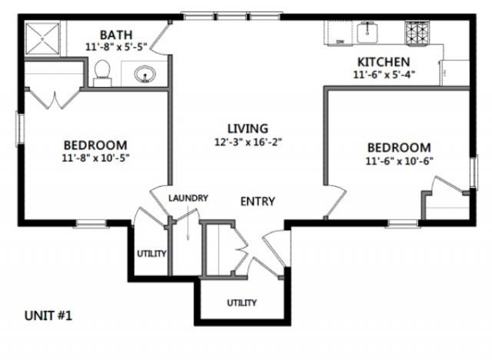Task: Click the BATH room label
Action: (x=116, y=35)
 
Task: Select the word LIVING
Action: (x=247, y=128)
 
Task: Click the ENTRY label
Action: (x=258, y=202)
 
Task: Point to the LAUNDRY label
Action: (x=189, y=198)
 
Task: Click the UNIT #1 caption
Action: (x=49, y=315)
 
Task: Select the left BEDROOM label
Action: (x=95, y=145)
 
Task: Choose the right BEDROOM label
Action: (x=398, y=148)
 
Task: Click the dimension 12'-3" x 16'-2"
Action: (x=247, y=142)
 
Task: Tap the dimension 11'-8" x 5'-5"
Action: (x=116, y=47)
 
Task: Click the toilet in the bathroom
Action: (x=102, y=72)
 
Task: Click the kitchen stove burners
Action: (x=419, y=32)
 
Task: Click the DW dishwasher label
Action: (x=337, y=42)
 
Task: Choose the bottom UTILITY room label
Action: (x=241, y=302)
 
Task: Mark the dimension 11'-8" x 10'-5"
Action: (x=95, y=158)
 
